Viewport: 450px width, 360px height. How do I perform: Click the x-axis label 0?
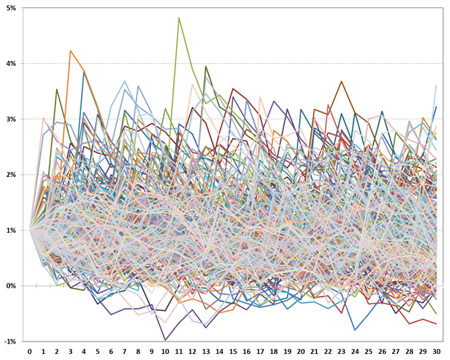[30, 351]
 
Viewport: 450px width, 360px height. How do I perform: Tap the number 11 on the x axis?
[179, 351]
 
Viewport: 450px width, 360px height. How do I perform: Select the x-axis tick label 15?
[234, 351]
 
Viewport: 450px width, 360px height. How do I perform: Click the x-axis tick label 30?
[437, 351]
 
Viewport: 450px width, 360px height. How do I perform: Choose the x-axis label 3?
[71, 351]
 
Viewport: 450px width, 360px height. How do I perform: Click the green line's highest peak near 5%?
[179, 18]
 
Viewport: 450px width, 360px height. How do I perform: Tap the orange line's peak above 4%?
[71, 51]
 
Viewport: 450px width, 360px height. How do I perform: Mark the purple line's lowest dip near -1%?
[166, 340]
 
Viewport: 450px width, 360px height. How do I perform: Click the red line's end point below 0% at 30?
[436, 324]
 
